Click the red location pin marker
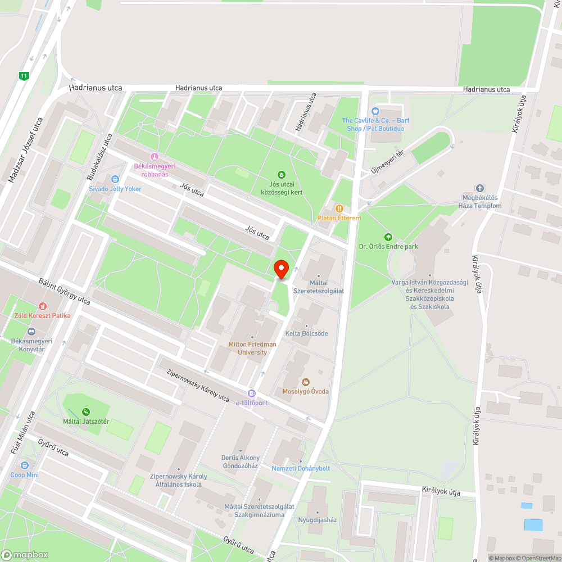[280, 269]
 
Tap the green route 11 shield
[24, 76]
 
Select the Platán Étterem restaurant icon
[339, 209]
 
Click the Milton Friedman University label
[252, 348]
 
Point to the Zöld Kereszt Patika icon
[43, 306]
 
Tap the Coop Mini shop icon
[25, 465]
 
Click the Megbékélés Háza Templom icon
[480, 188]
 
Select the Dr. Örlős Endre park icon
[388, 237]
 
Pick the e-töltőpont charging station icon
[252, 394]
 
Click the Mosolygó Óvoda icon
[306, 382]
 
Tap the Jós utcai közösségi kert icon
[282, 175]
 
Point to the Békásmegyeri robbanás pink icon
[155, 157]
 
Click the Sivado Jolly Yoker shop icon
[115, 179]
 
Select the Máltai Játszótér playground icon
[86, 412]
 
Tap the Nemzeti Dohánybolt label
[301, 468]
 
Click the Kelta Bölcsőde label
[306, 333]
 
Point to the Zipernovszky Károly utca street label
[198, 385]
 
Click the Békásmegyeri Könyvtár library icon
[31, 332]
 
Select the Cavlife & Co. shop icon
[375, 111]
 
